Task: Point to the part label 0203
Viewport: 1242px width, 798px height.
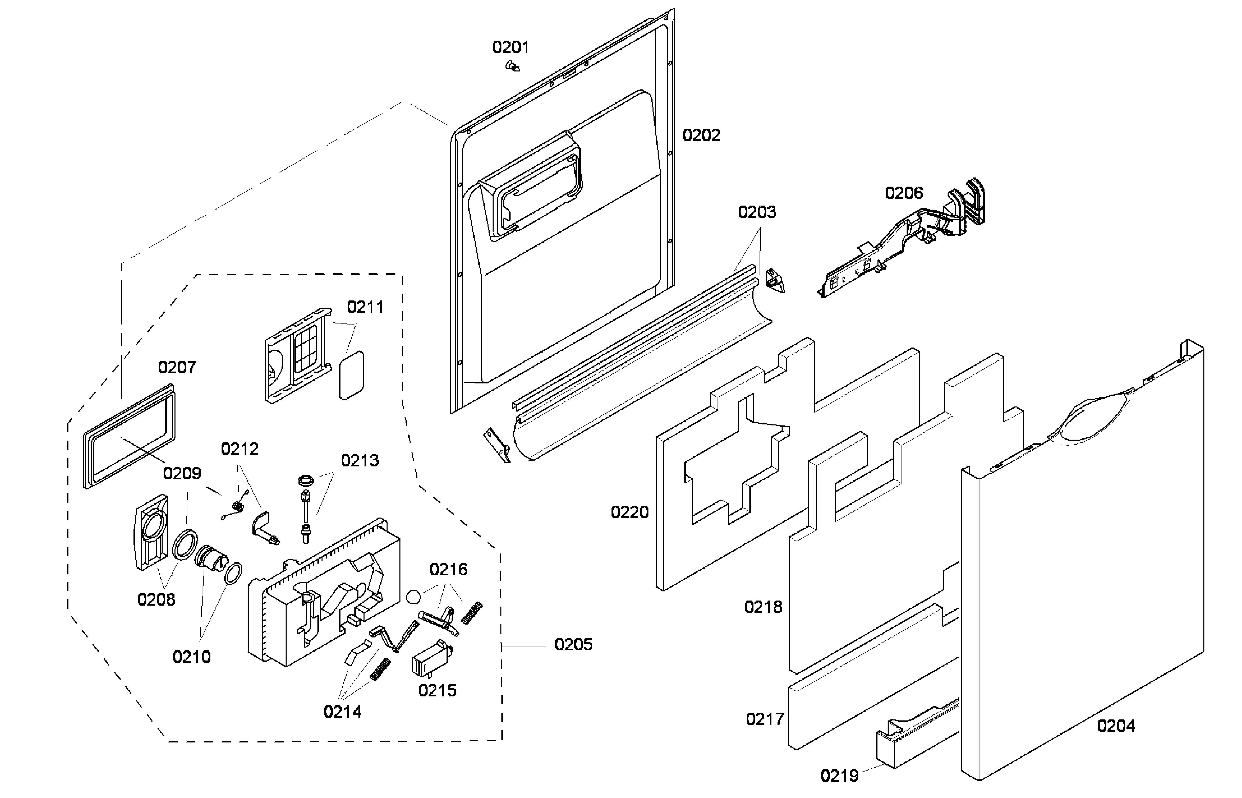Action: pos(757,212)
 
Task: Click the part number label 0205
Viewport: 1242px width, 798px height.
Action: pos(573,645)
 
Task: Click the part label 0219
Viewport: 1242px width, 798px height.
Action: pos(839,776)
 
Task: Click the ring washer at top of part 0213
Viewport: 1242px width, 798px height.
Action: pos(306,480)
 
